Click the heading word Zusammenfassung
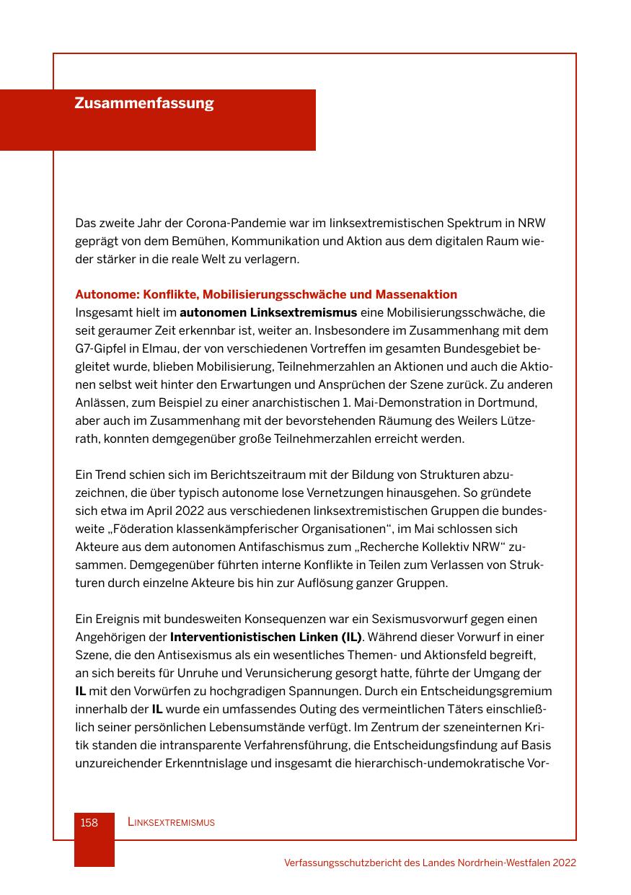(144, 103)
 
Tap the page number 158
(89, 822)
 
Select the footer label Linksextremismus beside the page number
(171, 822)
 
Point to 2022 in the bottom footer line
(564, 863)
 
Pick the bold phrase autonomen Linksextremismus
(268, 312)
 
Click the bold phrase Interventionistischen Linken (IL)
(265, 637)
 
